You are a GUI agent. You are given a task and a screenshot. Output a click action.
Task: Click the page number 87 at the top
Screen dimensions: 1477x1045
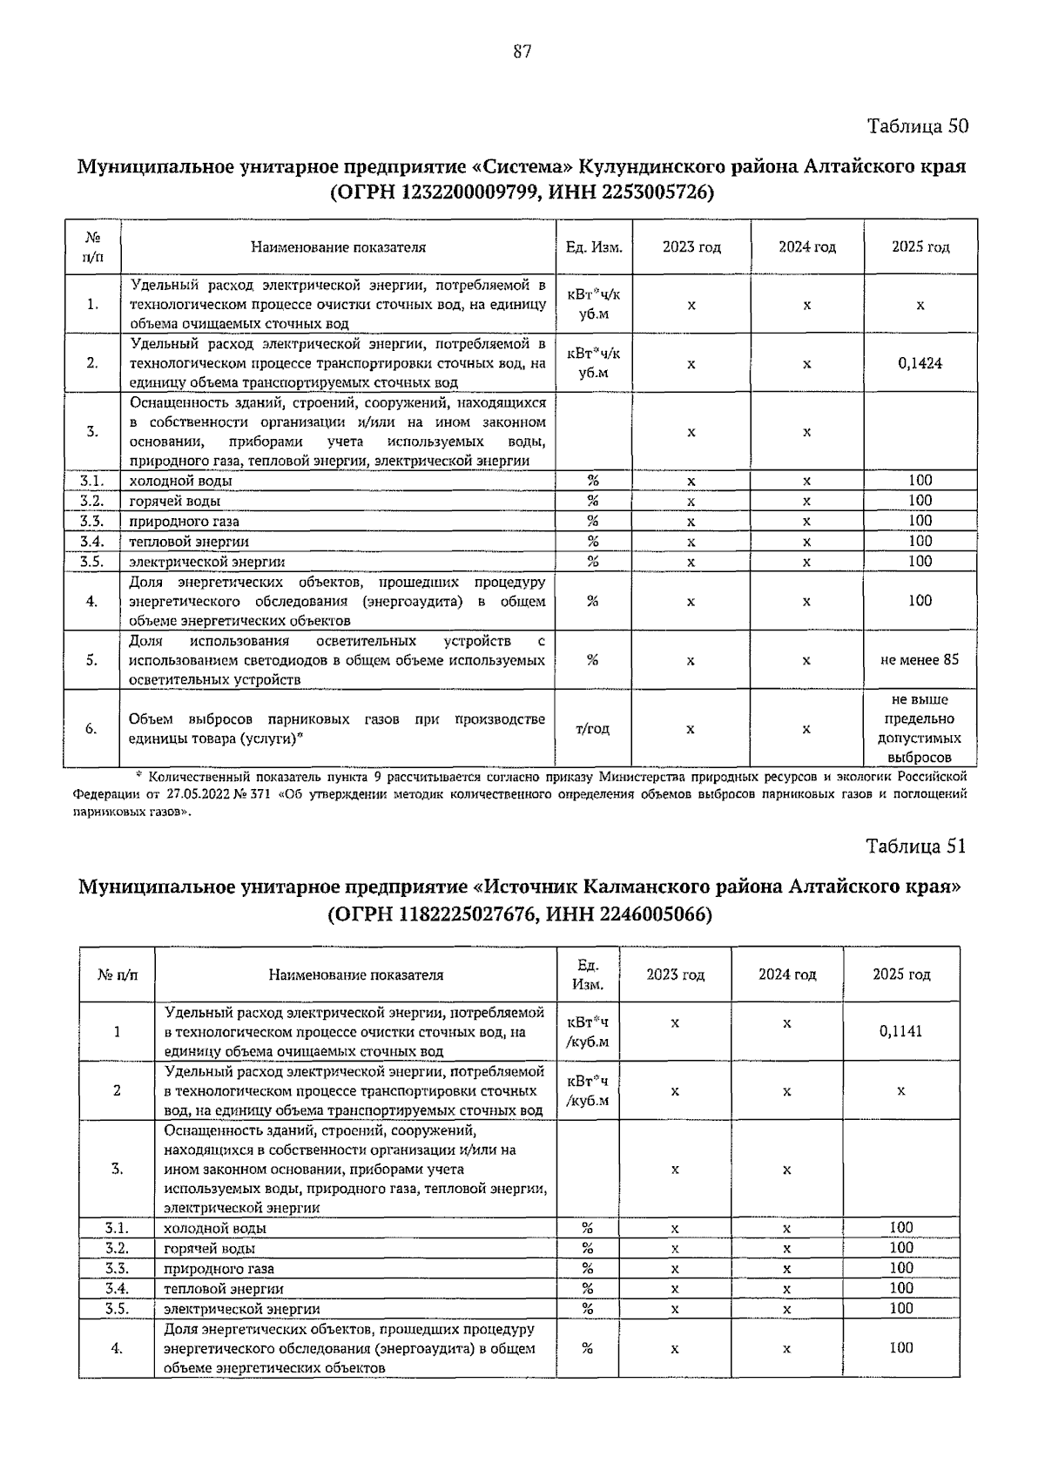(522, 52)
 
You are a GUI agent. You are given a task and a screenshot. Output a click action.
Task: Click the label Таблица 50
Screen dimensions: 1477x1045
(918, 126)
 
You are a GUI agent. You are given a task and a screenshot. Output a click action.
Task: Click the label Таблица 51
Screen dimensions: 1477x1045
(916, 846)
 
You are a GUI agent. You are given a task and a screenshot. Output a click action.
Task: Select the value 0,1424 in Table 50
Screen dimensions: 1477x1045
(920, 363)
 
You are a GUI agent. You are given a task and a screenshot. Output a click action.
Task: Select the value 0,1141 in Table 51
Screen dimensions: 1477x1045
(900, 1031)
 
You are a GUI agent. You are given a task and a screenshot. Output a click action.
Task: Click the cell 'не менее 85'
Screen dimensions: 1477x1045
(920, 660)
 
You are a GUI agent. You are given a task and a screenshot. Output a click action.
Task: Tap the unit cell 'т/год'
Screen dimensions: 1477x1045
(592, 729)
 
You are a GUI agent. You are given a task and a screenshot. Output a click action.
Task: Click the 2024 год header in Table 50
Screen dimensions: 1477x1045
(806, 247)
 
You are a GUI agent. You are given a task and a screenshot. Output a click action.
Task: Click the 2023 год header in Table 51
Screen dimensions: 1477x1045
(675, 975)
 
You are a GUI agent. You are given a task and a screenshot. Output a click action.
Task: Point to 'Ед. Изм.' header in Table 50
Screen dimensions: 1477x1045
(594, 247)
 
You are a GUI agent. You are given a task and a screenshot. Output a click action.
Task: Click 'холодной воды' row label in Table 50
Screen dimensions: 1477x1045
(181, 481)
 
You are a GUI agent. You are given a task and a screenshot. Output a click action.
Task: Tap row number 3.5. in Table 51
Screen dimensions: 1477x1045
(117, 1309)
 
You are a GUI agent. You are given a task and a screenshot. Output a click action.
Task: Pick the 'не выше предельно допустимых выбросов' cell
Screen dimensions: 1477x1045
(920, 729)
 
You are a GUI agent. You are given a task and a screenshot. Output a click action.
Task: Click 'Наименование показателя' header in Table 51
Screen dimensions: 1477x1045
(355, 975)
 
